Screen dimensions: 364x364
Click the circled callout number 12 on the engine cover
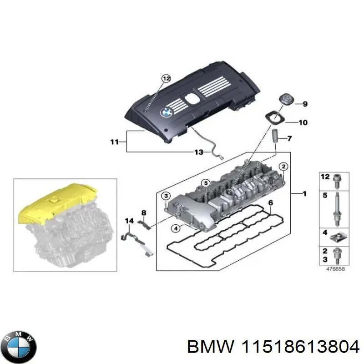[x=166, y=79]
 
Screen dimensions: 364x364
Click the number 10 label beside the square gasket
[x=303, y=122]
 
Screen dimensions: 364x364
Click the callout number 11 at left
[x=114, y=142]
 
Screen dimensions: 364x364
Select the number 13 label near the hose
[x=199, y=152]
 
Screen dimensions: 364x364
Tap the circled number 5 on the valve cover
[x=205, y=184]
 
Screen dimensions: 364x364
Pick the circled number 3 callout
[x=166, y=196]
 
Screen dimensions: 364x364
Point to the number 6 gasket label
[x=270, y=203]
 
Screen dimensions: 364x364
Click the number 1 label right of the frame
[x=304, y=194]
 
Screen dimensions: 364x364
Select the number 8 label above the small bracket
[x=144, y=212]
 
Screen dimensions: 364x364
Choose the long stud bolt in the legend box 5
[x=336, y=207]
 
